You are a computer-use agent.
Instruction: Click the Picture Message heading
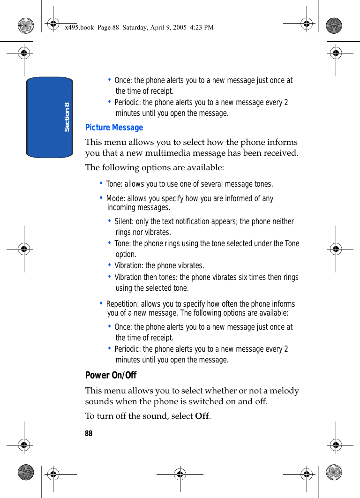[114, 128]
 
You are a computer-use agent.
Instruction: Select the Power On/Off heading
[111, 375]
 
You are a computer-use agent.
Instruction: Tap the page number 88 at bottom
[89, 434]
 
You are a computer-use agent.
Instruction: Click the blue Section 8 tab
[50, 117]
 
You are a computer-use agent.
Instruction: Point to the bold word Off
[202, 416]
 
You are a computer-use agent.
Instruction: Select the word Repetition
[122, 304]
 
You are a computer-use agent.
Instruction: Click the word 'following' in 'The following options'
[120, 167]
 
